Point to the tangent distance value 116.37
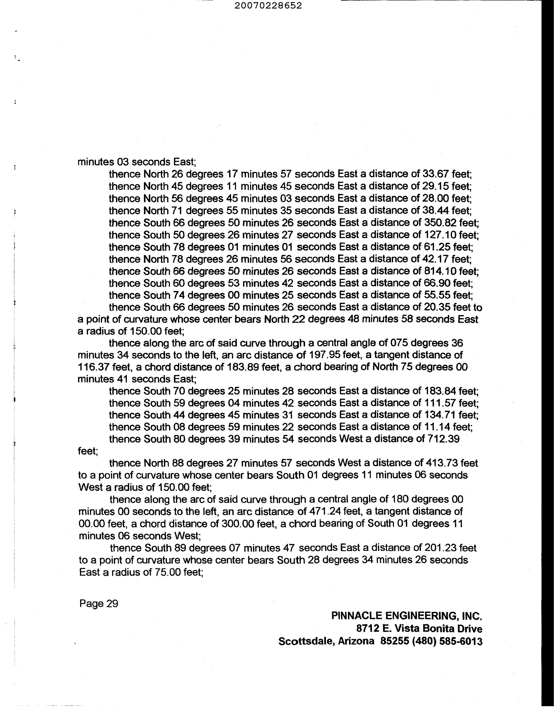(94, 367)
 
